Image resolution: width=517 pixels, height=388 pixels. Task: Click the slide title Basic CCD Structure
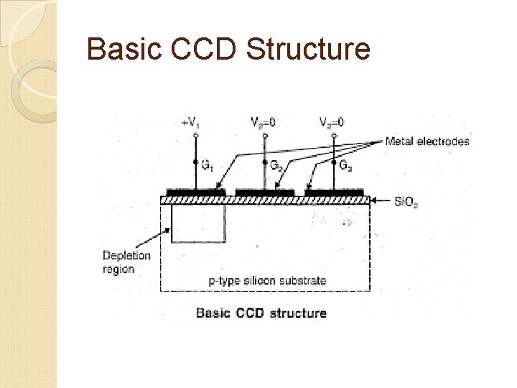[228, 50]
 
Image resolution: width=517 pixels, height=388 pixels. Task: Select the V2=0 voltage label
[262, 122]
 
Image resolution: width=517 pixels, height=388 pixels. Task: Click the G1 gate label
[206, 166]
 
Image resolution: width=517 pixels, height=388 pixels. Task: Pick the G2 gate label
[276, 166]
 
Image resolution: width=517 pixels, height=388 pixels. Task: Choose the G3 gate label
[345, 166]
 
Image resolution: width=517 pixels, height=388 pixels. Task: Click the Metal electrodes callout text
[427, 142]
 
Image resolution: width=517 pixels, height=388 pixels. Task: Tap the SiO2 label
[406, 203]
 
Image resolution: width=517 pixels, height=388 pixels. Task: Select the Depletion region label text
[126, 262]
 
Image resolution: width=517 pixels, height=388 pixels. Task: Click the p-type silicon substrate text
[267, 280]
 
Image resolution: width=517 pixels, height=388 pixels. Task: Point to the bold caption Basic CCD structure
[261, 313]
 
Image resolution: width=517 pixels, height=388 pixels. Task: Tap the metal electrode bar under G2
[264, 193]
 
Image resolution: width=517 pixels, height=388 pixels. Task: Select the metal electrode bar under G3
[334, 193]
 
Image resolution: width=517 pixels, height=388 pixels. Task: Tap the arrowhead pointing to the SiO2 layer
[374, 201]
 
